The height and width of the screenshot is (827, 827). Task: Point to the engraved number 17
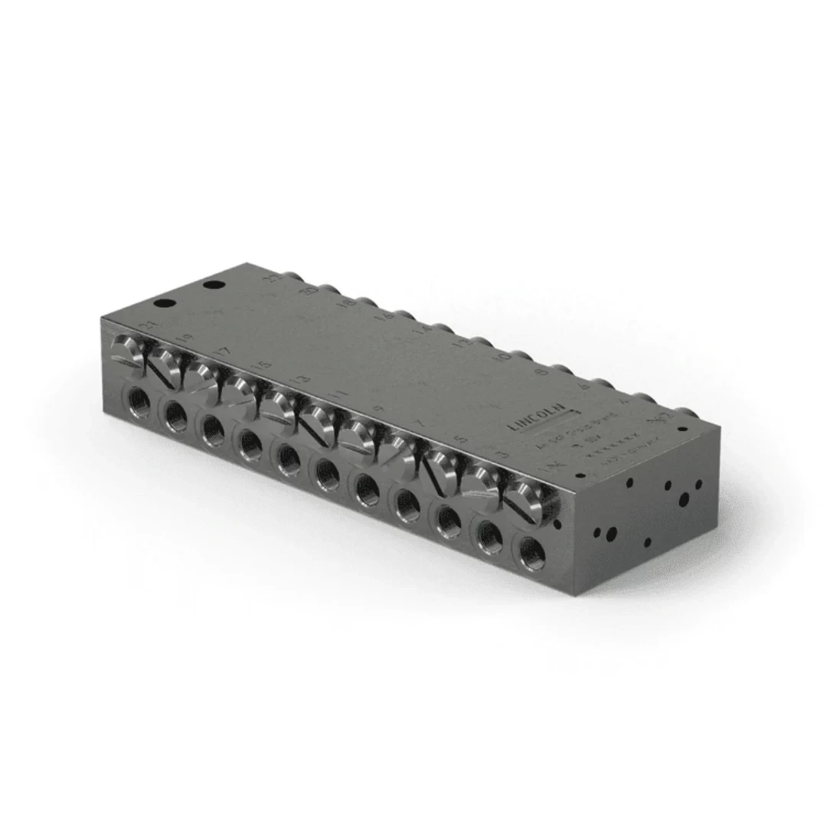tap(222, 351)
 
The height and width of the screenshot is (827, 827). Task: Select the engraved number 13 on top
tap(301, 380)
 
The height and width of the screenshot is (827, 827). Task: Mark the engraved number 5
tap(460, 440)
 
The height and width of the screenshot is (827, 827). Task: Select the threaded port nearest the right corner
tap(530, 553)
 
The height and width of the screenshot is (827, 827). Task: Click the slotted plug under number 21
tap(126, 352)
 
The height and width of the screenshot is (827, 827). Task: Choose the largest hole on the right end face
tap(684, 499)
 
